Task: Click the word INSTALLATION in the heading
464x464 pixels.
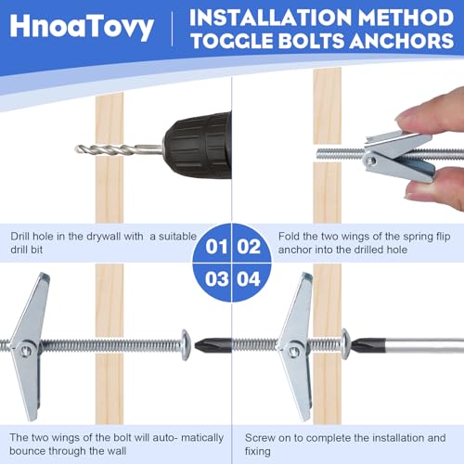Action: pyautogui.click(x=268, y=18)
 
